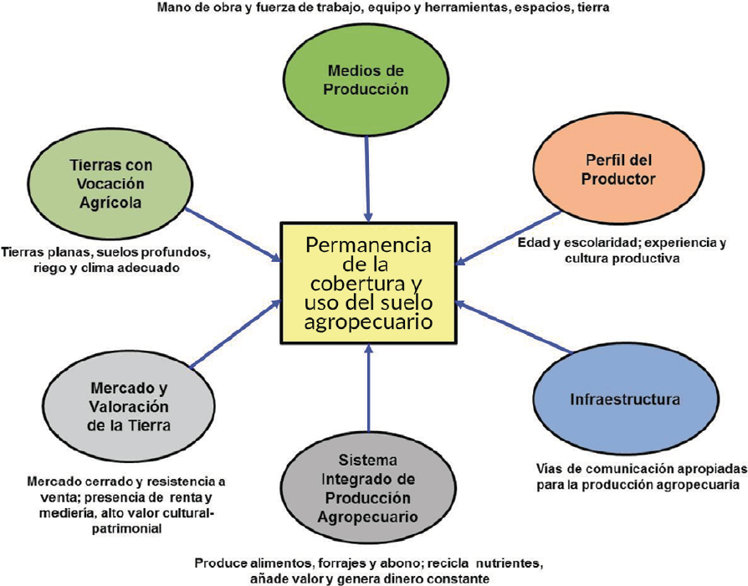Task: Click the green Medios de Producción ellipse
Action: point(366,80)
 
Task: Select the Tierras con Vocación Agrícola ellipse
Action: point(110,183)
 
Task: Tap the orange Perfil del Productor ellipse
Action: point(618,169)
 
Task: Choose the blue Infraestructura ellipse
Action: point(625,399)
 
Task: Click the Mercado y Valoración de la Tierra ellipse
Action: point(129,407)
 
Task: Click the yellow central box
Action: point(369,283)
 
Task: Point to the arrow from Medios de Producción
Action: point(367,179)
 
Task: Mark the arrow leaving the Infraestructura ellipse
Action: point(515,326)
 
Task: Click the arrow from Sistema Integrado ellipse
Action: point(368,388)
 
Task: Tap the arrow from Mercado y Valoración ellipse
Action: point(235,334)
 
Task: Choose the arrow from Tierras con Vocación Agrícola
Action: point(233,234)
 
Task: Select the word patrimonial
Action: point(127,529)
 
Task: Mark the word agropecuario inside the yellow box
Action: point(368,321)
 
